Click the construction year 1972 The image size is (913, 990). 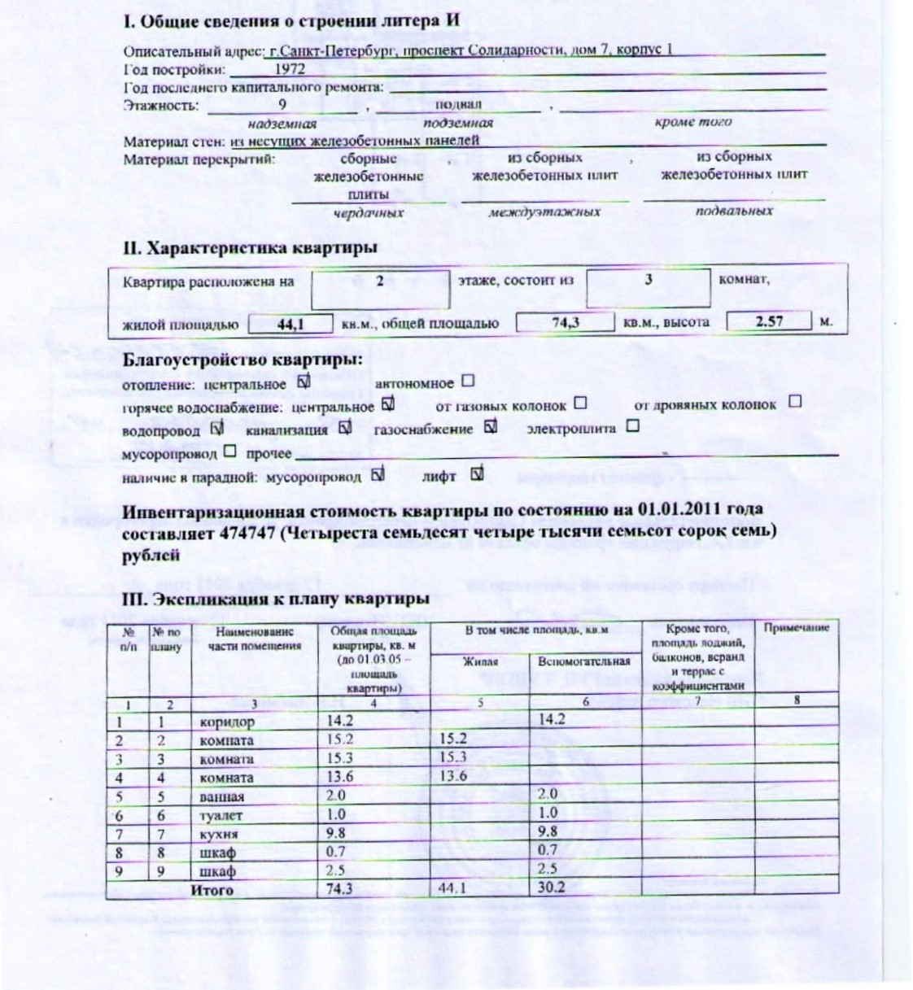coord(289,70)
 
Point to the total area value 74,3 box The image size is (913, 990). coord(565,322)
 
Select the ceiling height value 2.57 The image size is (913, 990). coord(769,321)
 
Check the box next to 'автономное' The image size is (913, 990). coord(467,381)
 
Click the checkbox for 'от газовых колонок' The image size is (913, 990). coord(579,403)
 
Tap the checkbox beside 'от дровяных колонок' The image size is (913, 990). coord(795,401)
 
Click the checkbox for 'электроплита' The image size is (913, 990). coord(632,425)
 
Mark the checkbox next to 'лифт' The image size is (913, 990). coord(477,473)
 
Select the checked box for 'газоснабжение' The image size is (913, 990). coord(489,425)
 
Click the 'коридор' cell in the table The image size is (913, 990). coord(227,722)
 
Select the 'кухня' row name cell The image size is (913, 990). coord(219,834)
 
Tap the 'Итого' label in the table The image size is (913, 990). coord(212,889)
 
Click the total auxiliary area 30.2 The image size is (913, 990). coord(552,888)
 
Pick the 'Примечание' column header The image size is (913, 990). coord(796,628)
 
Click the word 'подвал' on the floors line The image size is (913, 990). coord(458,105)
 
